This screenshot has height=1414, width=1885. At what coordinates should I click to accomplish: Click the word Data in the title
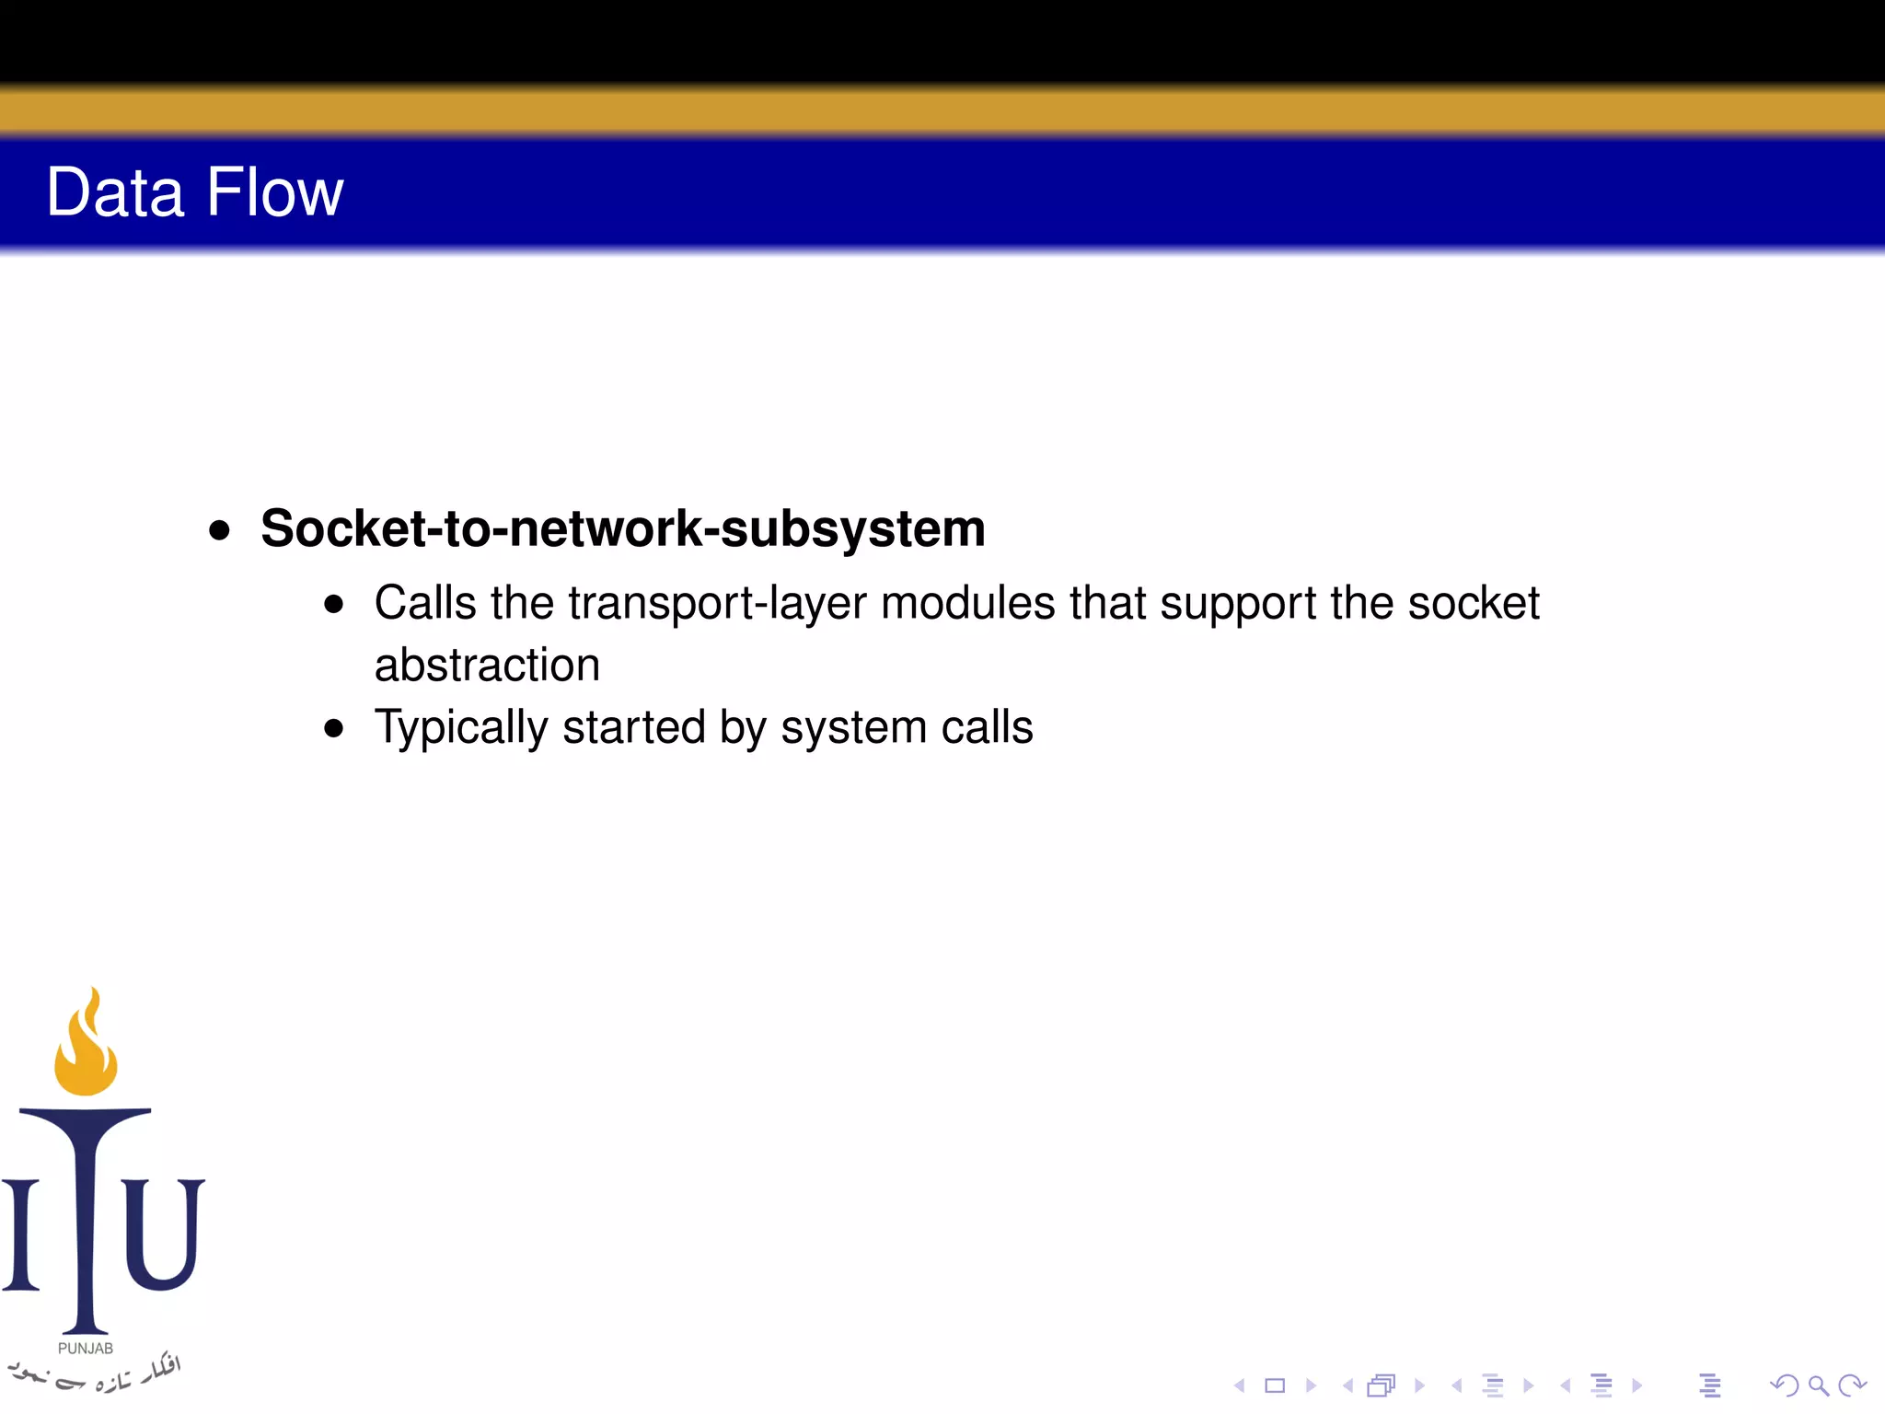[x=115, y=192]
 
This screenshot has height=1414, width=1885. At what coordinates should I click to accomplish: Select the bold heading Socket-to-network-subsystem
[x=622, y=528]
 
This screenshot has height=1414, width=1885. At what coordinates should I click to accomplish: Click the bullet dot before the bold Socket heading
[x=219, y=530]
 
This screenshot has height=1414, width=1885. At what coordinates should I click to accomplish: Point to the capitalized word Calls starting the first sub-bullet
[x=425, y=603]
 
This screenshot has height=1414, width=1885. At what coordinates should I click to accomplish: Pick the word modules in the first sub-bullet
[x=967, y=603]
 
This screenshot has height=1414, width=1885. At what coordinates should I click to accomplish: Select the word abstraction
[x=487, y=665]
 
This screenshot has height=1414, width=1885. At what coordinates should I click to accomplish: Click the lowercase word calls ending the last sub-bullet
[x=987, y=727]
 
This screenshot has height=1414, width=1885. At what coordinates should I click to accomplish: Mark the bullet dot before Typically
[x=334, y=729]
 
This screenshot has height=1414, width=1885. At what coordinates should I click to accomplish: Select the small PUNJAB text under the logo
[x=86, y=1349]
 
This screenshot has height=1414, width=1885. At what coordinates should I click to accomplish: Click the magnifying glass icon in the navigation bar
[x=1818, y=1385]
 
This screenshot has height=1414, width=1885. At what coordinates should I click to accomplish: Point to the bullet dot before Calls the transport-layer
[x=334, y=605]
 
